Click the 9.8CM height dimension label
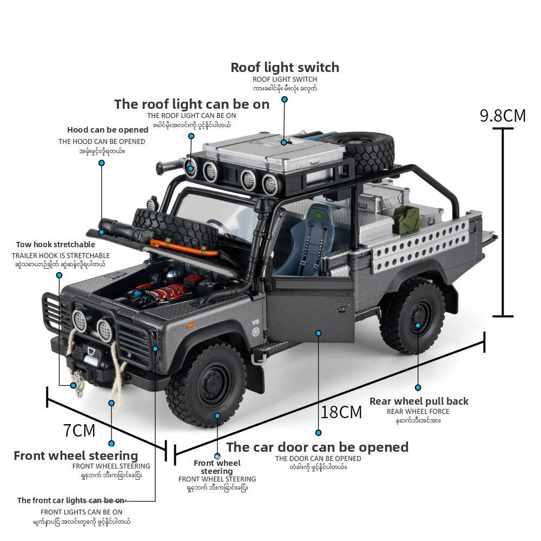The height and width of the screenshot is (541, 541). click(x=503, y=116)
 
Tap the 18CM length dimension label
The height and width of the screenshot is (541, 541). click(x=341, y=412)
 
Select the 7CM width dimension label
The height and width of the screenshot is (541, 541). click(x=79, y=431)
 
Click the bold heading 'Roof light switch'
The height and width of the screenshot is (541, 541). click(x=285, y=68)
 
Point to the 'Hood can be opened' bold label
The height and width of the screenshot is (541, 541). click(x=108, y=130)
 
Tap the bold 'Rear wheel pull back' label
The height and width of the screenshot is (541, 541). click(x=419, y=401)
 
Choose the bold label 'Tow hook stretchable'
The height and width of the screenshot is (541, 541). click(x=56, y=245)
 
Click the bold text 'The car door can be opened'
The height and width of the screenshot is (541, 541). click(x=317, y=447)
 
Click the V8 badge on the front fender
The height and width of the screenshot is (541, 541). click(x=256, y=323)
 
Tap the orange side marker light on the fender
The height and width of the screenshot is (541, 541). click(x=190, y=325)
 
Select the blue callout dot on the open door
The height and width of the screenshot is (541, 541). click(x=319, y=333)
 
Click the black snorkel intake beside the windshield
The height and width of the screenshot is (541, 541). click(x=256, y=249)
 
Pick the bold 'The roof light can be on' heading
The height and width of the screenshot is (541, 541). click(x=192, y=104)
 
